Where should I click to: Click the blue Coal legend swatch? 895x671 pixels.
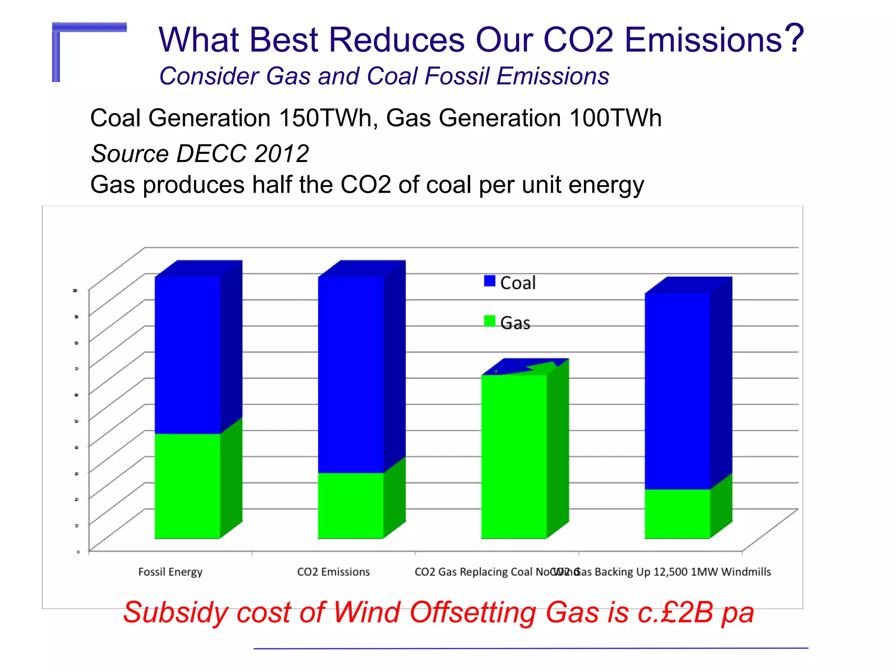(x=489, y=281)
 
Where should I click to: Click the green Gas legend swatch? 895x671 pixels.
(x=489, y=321)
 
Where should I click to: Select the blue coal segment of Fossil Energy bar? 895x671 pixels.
(x=188, y=354)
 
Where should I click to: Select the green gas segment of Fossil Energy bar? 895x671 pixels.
(x=188, y=485)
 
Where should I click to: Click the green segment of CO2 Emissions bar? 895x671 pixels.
(x=351, y=505)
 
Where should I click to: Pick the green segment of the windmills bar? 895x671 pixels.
(x=677, y=513)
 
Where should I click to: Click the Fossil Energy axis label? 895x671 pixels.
(x=170, y=572)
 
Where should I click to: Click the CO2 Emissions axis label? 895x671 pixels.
(x=333, y=572)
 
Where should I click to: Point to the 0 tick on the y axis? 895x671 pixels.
(x=78, y=552)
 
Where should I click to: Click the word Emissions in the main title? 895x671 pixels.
(x=703, y=40)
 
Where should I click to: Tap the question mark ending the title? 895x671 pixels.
(x=794, y=38)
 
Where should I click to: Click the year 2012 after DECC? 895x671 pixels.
(x=281, y=154)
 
